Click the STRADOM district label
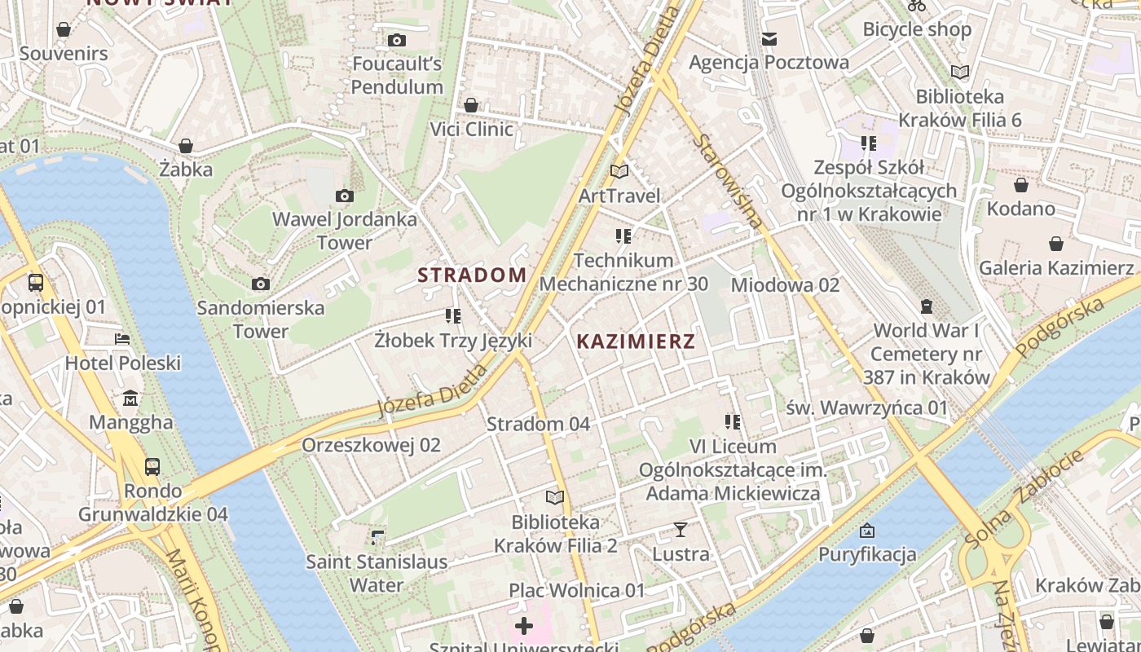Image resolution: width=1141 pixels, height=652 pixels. pos(472,275)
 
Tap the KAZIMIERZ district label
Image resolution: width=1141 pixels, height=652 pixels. pos(636,341)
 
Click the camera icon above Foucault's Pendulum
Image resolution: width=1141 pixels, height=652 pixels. pos(397,40)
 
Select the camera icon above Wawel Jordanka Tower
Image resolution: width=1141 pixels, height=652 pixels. pos(345,196)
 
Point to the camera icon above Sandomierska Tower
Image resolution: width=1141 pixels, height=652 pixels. pos(261,284)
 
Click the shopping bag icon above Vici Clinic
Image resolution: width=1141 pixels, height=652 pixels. pos(471,105)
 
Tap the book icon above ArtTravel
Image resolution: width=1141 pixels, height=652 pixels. pos(619,171)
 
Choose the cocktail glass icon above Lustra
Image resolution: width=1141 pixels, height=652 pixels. pos(681,530)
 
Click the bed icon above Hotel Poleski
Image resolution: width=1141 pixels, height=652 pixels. pos(122,338)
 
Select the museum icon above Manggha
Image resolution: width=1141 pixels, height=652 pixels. pos(130,399)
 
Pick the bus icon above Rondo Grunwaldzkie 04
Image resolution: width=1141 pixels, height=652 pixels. pos(152,467)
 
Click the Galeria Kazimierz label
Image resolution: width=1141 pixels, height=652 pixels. pos(1055,268)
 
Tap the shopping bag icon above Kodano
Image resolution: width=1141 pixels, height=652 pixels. pos(1020,185)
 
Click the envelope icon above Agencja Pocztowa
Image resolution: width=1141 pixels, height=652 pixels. pos(769,38)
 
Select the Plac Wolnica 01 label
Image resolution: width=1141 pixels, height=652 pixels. pos(577,590)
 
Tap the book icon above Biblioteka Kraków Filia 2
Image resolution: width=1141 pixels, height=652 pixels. pos(555,497)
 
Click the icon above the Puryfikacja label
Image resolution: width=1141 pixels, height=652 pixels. pos(867,531)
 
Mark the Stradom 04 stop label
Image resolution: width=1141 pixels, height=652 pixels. pos(537,424)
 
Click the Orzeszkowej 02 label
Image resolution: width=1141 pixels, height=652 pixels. pos(371,445)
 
